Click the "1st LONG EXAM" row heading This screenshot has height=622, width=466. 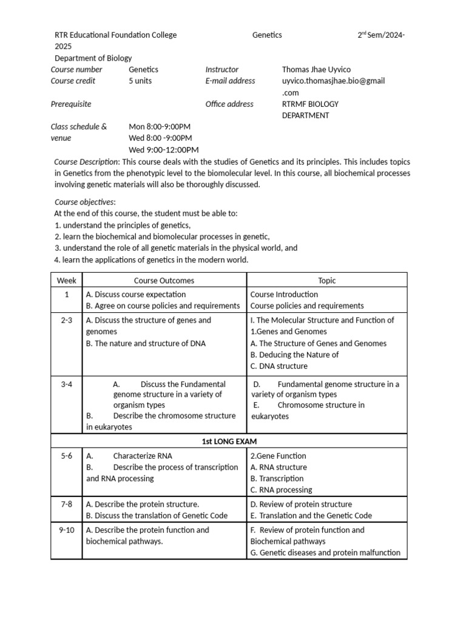229,441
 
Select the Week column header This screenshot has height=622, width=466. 67,280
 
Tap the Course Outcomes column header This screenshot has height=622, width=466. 164,280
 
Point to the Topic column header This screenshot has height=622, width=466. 326,280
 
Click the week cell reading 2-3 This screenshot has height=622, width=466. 67,320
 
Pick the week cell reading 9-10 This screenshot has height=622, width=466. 67,530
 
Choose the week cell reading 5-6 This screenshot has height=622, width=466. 67,456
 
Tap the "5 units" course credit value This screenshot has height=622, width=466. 141,81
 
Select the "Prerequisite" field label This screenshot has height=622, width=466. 71,104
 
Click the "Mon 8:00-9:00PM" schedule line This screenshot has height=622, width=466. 160,126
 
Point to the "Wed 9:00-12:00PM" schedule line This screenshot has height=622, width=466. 164,149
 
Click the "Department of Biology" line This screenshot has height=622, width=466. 93,58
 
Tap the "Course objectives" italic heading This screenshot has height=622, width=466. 84,202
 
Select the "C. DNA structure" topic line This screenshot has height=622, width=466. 279,366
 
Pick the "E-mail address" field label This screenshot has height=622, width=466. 230,81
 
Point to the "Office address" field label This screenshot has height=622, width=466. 229,104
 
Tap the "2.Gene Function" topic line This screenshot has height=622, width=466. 278,456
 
